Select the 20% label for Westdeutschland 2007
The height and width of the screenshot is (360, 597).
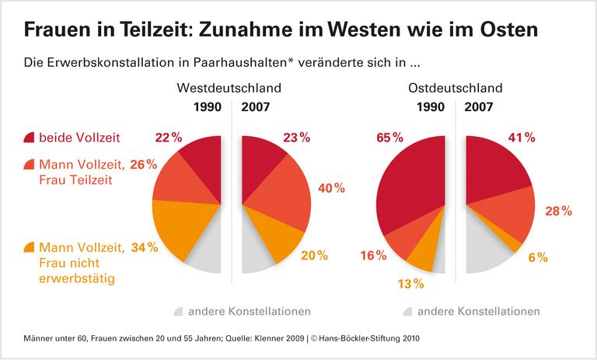[x=315, y=255]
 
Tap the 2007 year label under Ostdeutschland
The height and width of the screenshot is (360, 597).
[x=482, y=107]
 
